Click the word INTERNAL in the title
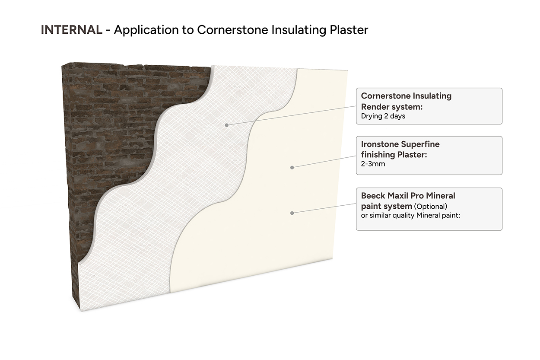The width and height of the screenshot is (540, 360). click(71, 30)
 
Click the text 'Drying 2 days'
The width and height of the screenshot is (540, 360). click(383, 116)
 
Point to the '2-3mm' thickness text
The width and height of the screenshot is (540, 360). click(373, 164)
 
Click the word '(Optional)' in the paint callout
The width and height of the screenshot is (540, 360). click(431, 206)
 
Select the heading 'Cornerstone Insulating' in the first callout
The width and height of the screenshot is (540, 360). click(406, 96)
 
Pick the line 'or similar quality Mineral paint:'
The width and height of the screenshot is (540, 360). click(410, 215)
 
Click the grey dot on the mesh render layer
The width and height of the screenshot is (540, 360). click(226, 124)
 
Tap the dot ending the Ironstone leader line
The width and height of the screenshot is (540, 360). click(292, 167)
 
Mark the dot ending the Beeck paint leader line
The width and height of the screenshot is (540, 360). click(292, 213)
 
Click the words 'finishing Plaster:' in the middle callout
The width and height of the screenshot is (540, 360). click(394, 154)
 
